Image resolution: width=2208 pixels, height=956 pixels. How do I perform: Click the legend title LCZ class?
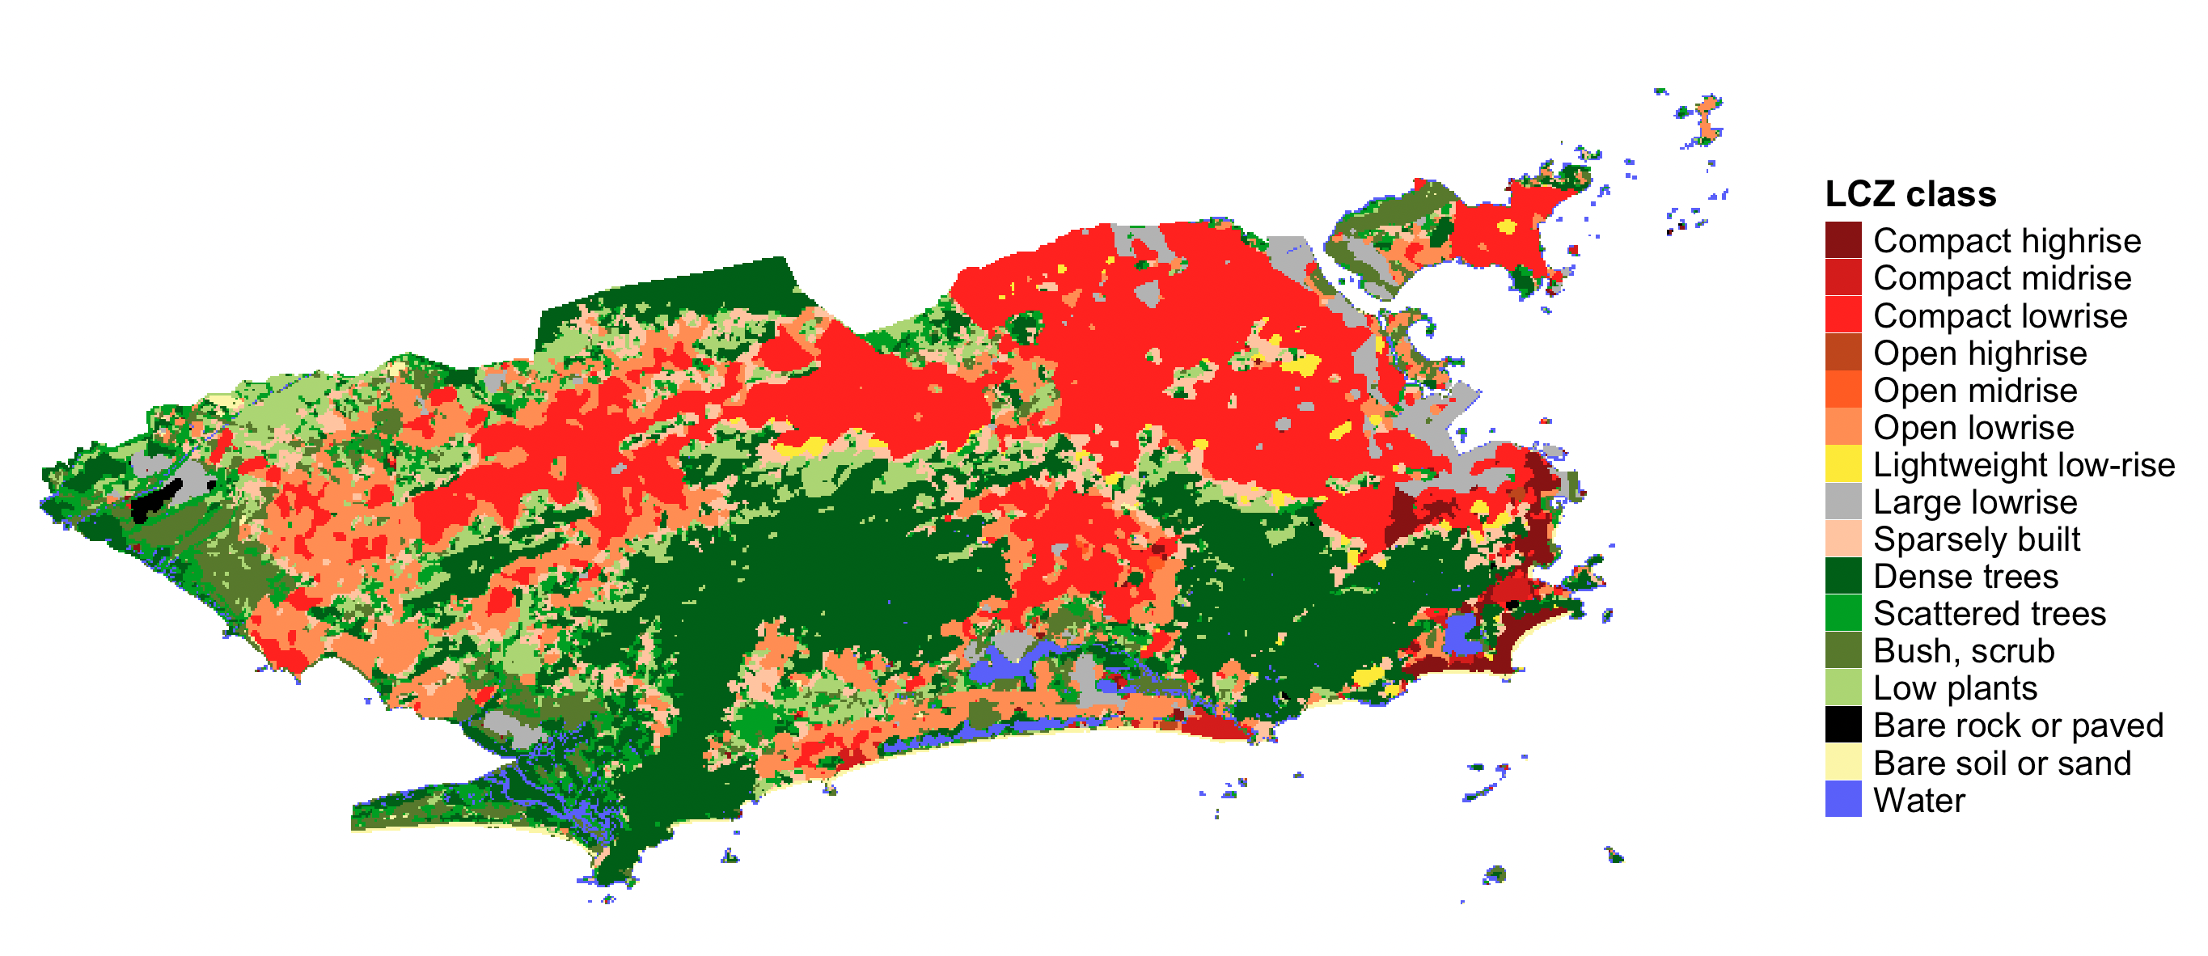(x=1910, y=195)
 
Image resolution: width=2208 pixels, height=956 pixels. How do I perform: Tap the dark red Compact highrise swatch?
(x=1843, y=240)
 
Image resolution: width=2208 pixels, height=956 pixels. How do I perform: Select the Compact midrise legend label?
(x=2003, y=279)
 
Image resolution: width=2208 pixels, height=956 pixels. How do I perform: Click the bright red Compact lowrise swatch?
(x=1843, y=315)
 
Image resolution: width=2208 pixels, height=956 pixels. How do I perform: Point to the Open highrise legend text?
(x=1980, y=353)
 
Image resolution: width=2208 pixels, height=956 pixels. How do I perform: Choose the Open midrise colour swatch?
(x=1843, y=389)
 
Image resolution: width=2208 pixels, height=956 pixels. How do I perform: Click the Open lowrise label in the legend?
(x=1973, y=428)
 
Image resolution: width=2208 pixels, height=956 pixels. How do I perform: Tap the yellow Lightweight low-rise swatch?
(x=1843, y=464)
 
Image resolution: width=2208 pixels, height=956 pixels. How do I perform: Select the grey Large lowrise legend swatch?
(x=1843, y=501)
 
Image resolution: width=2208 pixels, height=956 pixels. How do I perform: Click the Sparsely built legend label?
(x=1977, y=539)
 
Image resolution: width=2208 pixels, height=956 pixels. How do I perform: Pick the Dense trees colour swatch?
(x=1843, y=576)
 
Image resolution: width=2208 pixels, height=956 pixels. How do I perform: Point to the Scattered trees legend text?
(x=1990, y=614)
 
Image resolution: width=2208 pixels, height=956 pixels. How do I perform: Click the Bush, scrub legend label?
(x=1964, y=652)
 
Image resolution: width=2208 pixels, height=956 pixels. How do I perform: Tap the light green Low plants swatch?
(x=1843, y=687)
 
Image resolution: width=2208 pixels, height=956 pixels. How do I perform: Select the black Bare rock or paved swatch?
(x=1843, y=725)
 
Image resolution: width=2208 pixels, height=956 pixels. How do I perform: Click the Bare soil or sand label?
(x=2003, y=763)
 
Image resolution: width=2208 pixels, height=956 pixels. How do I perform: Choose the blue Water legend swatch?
(x=1843, y=799)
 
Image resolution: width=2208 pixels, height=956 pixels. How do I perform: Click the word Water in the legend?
(x=1919, y=801)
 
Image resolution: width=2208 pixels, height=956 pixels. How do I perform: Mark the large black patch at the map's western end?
(x=155, y=501)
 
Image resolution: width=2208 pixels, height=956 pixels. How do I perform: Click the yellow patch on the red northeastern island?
(x=1506, y=227)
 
